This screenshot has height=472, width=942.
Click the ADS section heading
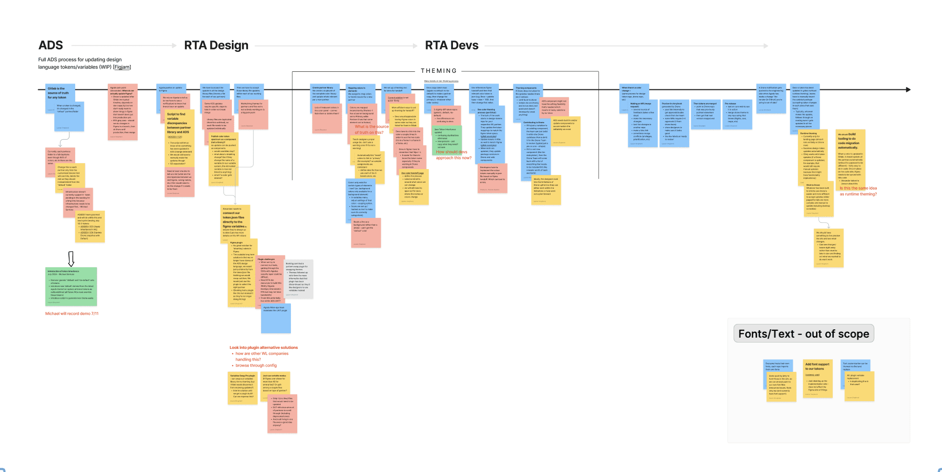pyautogui.click(x=51, y=45)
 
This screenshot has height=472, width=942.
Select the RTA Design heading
pyautogui.click(x=216, y=45)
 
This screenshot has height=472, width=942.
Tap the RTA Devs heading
pyautogui.click(x=451, y=45)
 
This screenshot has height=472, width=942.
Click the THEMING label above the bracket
pyautogui.click(x=439, y=71)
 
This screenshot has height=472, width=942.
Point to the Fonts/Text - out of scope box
pyautogui.click(x=803, y=334)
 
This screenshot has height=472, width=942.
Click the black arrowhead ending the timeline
pyautogui.click(x=908, y=89)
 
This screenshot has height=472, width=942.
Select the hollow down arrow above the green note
pyautogui.click(x=71, y=258)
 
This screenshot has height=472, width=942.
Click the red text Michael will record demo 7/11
pyautogui.click(x=72, y=314)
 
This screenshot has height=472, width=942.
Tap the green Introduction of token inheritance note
pyautogui.click(x=71, y=286)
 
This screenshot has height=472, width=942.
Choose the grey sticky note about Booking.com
pyautogui.click(x=299, y=279)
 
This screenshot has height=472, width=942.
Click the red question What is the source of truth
pyautogui.click(x=371, y=129)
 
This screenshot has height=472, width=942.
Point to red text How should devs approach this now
pyautogui.click(x=453, y=155)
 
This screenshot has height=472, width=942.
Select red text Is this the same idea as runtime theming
pyautogui.click(x=858, y=191)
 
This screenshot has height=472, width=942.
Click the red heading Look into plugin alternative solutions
pyautogui.click(x=264, y=347)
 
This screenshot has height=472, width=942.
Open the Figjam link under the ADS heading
pyautogui.click(x=122, y=67)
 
